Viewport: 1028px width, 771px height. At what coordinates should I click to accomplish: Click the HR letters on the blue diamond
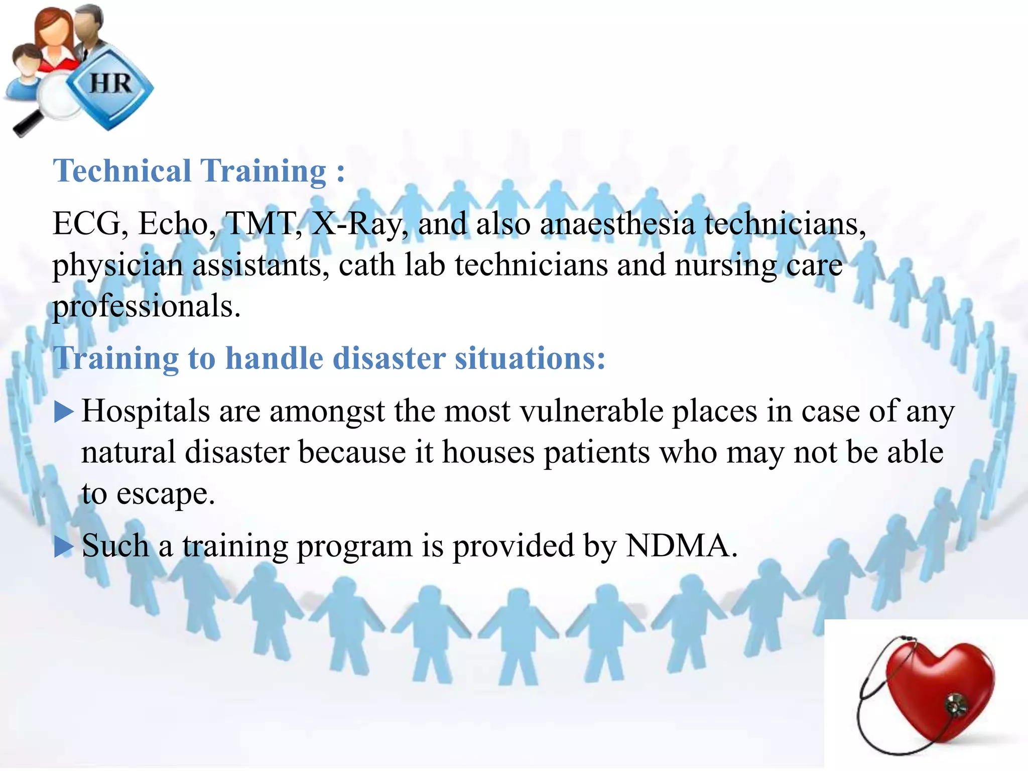(x=110, y=83)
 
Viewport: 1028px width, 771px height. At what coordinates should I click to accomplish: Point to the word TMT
(x=262, y=223)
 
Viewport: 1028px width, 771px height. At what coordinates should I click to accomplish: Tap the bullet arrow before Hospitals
(x=64, y=412)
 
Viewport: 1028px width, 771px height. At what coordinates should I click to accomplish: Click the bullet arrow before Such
(x=64, y=546)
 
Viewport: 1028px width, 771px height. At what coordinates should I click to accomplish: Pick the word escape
(x=166, y=494)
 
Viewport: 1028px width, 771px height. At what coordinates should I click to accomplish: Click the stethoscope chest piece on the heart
(x=954, y=705)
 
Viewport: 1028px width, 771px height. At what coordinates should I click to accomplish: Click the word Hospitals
(x=146, y=412)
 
